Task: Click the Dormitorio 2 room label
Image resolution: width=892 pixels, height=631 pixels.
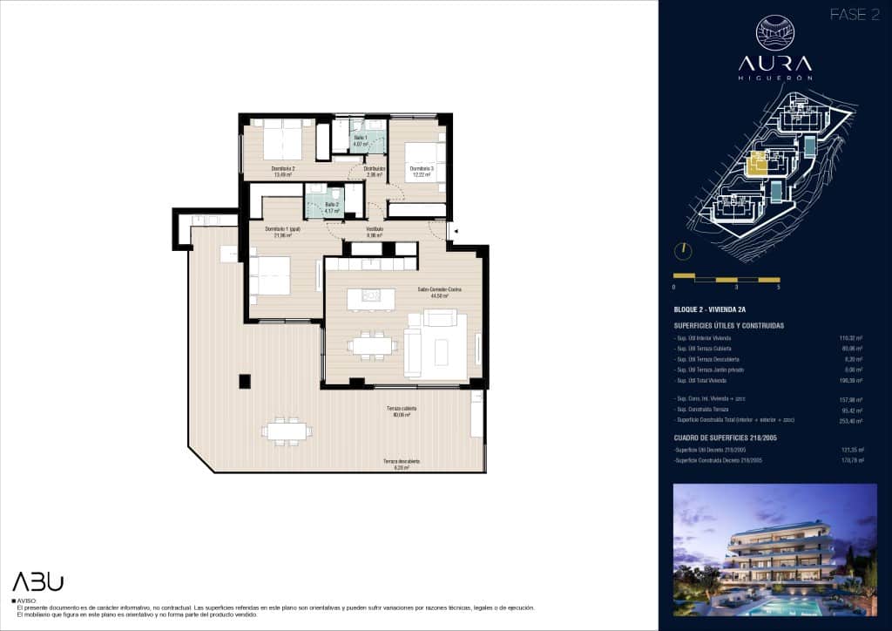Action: coord(282,171)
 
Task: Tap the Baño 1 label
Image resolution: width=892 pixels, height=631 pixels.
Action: coord(361,140)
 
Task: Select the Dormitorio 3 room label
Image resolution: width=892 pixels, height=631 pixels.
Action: coord(422,171)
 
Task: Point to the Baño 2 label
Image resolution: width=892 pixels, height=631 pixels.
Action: coord(321,207)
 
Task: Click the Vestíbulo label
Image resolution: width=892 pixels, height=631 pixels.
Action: coord(375,232)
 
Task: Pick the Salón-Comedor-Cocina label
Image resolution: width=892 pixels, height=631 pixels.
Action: coord(437,292)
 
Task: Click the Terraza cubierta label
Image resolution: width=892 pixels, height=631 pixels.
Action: coord(402,411)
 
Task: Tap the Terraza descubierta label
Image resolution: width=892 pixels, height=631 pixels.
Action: coord(402,464)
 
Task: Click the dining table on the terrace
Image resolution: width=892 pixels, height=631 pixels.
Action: coord(287,431)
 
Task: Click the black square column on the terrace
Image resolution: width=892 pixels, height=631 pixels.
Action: coord(245,380)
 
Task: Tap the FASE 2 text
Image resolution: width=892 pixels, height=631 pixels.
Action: coord(854,15)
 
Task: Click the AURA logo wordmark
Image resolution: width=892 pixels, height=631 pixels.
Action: coord(774,63)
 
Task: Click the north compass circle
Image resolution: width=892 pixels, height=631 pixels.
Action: coord(685,249)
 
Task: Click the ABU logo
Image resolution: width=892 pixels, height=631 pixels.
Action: coord(37,581)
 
